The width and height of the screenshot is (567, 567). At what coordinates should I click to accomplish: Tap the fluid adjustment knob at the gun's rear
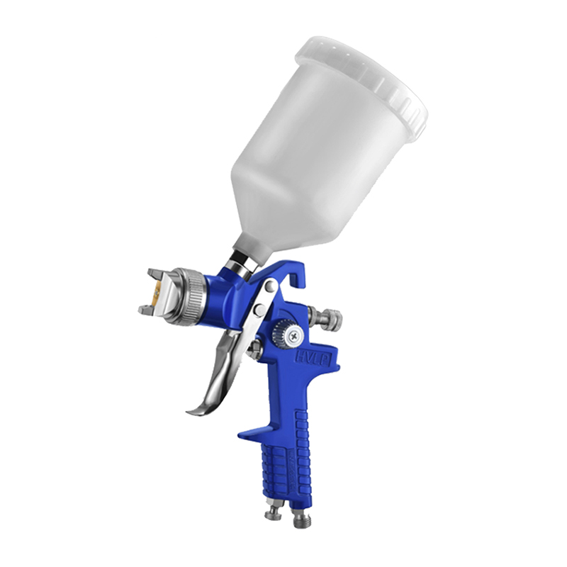[328, 319]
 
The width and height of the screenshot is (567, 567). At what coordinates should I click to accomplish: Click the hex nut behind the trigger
[255, 349]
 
